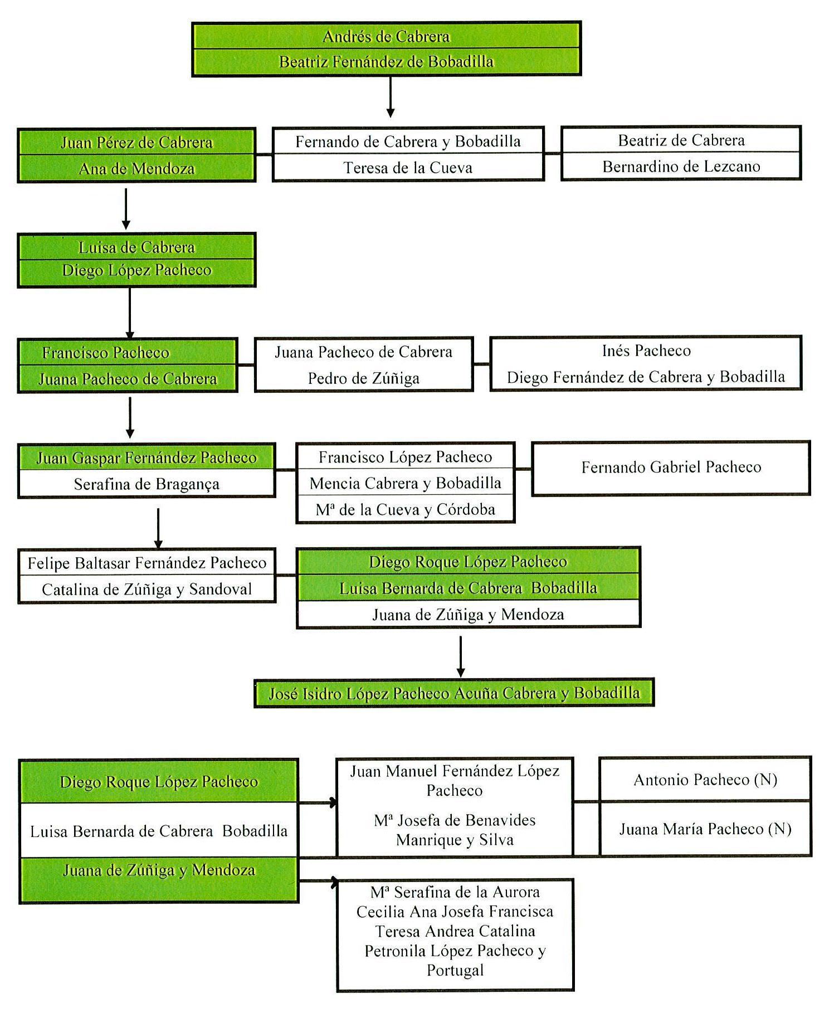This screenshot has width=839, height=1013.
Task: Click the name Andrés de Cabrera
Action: tap(386, 37)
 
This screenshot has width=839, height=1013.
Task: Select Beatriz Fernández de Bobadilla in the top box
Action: tap(386, 62)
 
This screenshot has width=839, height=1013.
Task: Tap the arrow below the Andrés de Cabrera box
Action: tap(390, 98)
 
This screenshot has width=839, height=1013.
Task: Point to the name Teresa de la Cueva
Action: tap(408, 168)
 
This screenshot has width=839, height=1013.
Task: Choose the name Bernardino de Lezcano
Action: tap(681, 167)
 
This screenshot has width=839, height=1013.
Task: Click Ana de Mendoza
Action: tap(136, 169)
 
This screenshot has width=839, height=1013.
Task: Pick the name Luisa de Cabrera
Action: tap(136, 247)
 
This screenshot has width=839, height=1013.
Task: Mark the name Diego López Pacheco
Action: tap(136, 270)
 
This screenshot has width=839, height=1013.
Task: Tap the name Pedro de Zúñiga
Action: tap(363, 378)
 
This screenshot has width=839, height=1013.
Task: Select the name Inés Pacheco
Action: tap(646, 351)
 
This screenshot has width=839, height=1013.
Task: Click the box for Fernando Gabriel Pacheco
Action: tap(671, 467)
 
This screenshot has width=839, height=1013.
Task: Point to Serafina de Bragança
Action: tap(147, 484)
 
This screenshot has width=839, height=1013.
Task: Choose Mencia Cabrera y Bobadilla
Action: tap(405, 483)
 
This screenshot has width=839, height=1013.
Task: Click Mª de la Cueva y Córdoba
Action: tap(405, 509)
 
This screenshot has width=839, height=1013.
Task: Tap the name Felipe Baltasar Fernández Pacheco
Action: tap(147, 563)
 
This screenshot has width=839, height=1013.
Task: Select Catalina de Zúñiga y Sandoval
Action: tap(147, 590)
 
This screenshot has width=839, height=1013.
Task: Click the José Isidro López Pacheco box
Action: tap(454, 694)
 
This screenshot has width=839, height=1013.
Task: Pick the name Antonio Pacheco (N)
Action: tap(705, 780)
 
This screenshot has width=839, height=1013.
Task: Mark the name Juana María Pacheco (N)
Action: tap(705, 829)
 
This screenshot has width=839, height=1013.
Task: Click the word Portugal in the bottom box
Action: tap(455, 971)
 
